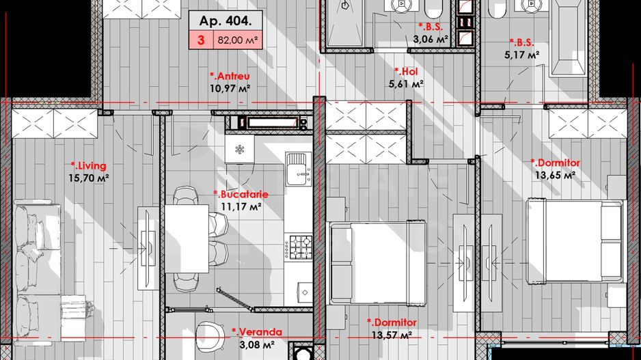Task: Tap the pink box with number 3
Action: click(x=201, y=40)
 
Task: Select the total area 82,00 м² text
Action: click(x=238, y=40)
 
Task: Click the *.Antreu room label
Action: click(x=230, y=76)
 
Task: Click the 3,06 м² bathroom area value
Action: click(x=431, y=40)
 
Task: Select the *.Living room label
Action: click(x=89, y=165)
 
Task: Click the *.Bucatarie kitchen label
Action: click(x=240, y=194)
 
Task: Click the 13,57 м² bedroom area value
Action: click(x=392, y=335)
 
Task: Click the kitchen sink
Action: click(x=297, y=168)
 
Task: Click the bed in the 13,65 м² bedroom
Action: click(x=574, y=239)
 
